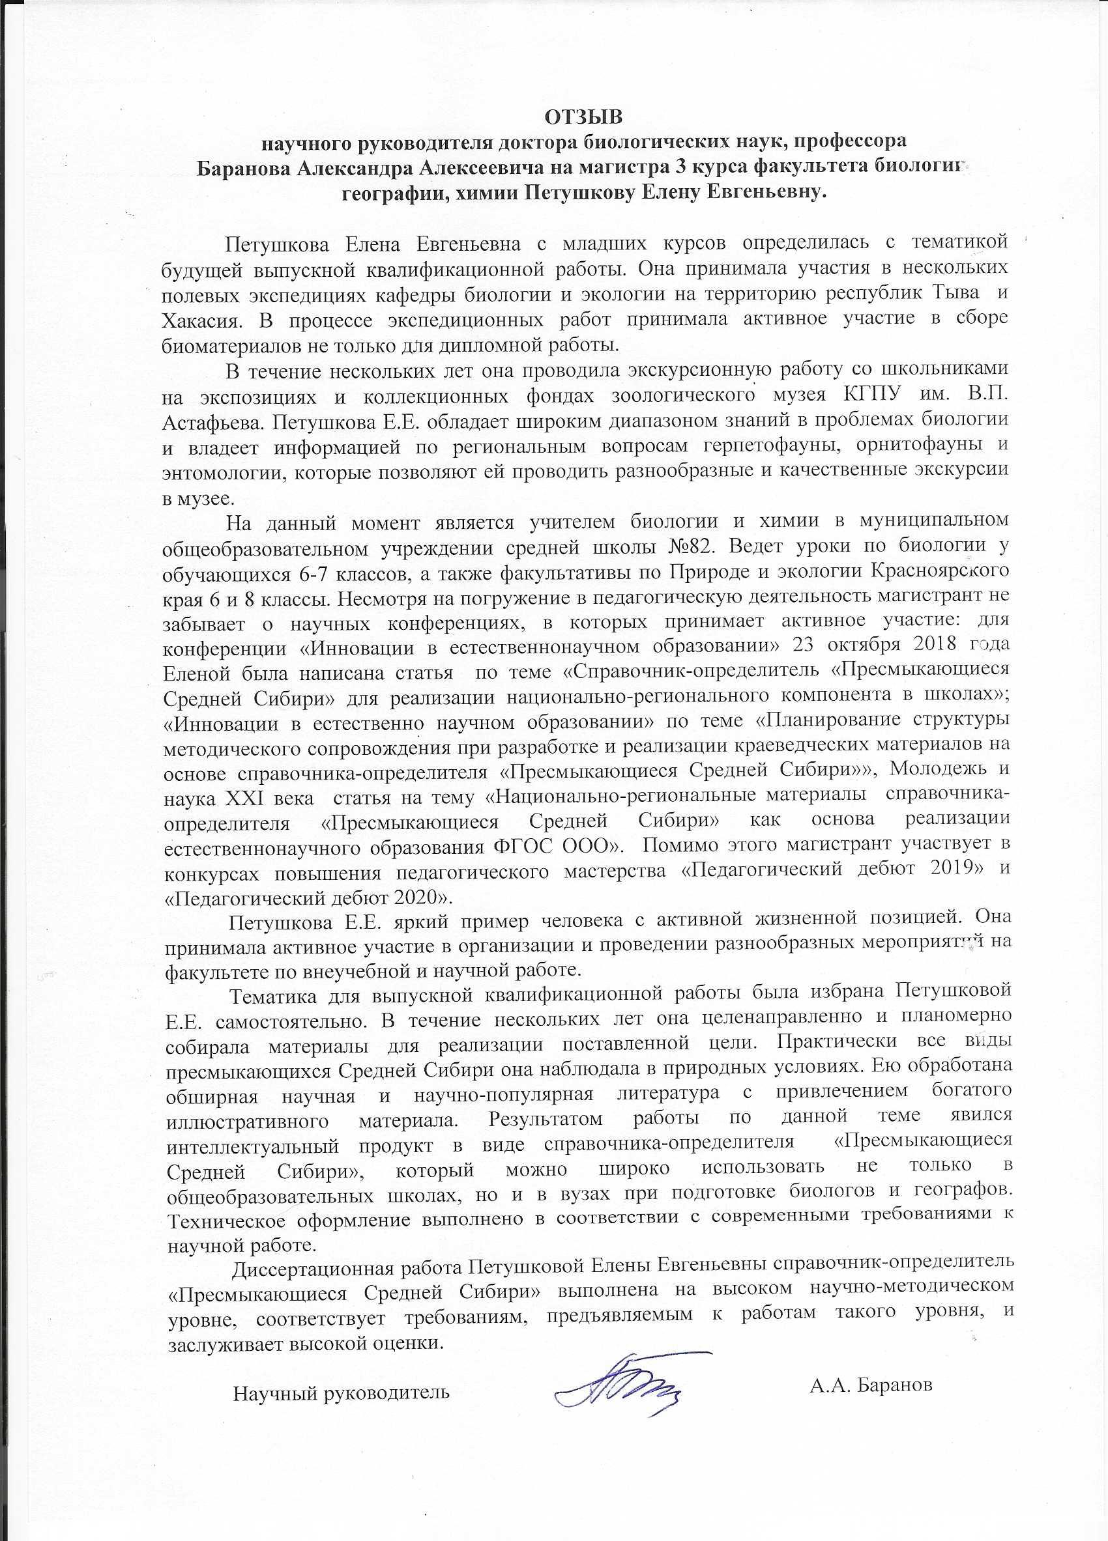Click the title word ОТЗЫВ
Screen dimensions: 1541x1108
pos(584,117)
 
